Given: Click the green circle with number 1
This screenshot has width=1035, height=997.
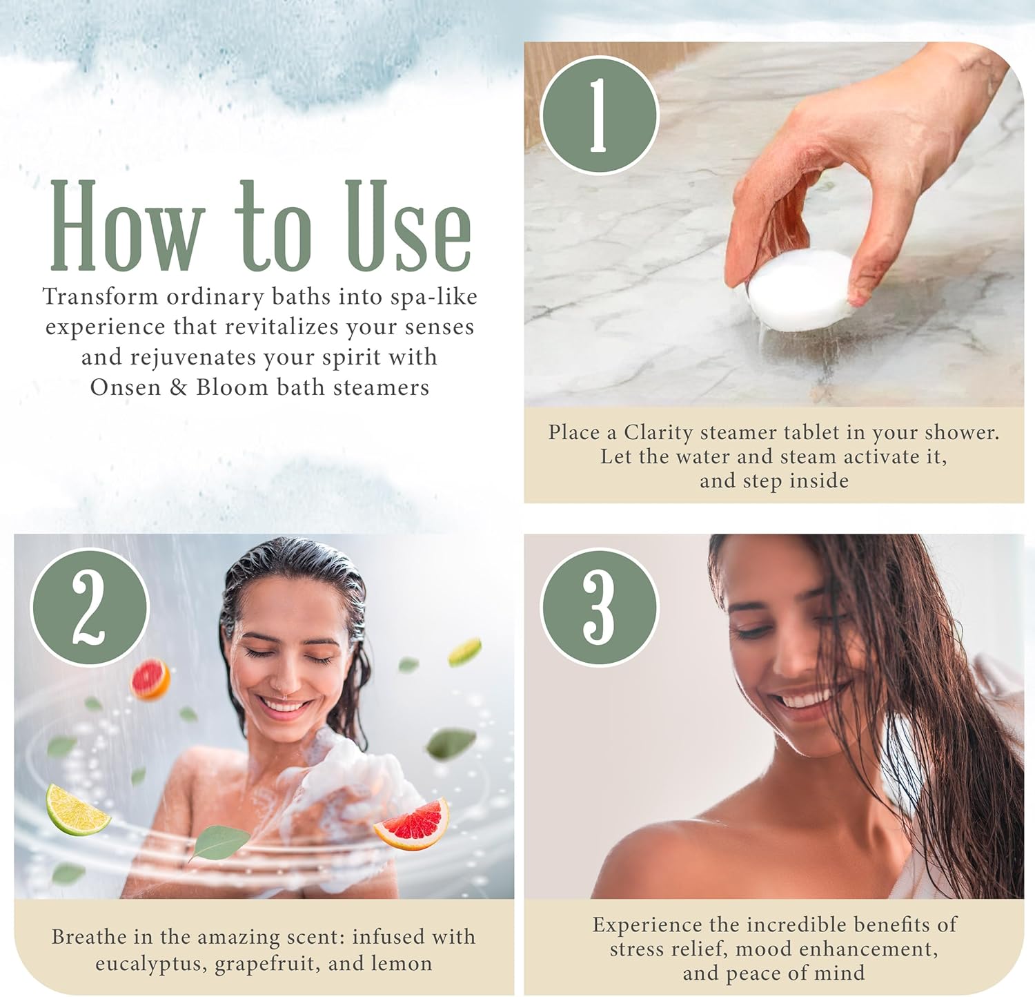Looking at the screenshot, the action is click(x=599, y=115).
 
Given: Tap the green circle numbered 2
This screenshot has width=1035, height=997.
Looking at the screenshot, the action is click(x=90, y=608).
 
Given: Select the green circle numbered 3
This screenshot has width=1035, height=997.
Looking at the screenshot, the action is click(x=599, y=608).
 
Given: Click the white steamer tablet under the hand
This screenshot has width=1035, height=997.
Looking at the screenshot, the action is click(x=800, y=291).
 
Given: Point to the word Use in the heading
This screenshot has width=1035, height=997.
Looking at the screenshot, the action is click(x=408, y=225).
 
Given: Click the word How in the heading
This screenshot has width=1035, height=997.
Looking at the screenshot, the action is click(x=128, y=225).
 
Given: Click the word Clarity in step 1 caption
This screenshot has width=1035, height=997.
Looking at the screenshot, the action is click(x=658, y=433).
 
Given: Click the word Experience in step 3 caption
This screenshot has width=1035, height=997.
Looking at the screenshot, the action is click(x=646, y=925).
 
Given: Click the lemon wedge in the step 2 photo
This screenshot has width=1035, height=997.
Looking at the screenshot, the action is click(x=76, y=810).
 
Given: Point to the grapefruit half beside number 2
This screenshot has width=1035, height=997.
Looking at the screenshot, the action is click(x=150, y=679).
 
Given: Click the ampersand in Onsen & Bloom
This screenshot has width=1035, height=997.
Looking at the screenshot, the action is click(x=178, y=387).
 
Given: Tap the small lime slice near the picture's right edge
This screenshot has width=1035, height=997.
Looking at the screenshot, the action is click(x=464, y=652).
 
